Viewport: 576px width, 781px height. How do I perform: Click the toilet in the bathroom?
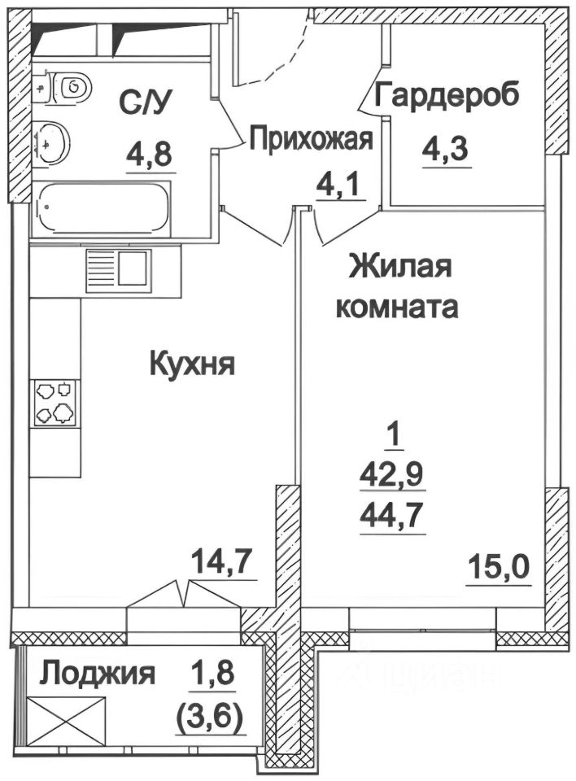[69, 85]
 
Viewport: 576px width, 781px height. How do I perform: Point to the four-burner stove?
[55, 403]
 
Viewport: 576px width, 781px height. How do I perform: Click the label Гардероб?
[447, 96]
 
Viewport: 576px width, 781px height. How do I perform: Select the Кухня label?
[192, 364]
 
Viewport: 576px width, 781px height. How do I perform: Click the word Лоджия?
[98, 674]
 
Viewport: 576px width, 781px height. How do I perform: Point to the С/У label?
[148, 103]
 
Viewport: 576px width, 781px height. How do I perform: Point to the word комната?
[398, 308]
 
